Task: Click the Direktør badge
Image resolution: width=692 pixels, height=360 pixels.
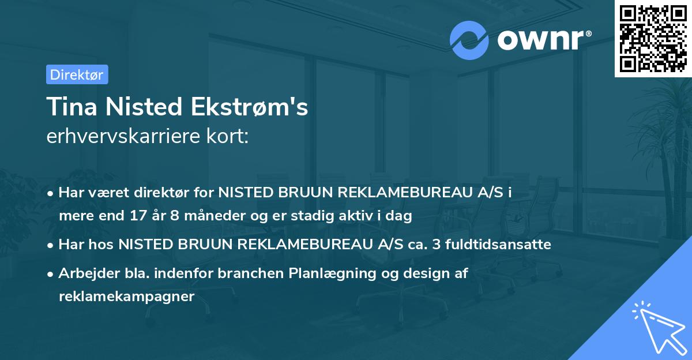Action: click(77, 74)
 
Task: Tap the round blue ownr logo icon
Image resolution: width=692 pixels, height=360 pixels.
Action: click(469, 40)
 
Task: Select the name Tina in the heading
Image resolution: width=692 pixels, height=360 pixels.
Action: click(69, 107)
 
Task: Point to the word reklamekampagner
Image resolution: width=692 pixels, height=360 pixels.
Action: click(127, 296)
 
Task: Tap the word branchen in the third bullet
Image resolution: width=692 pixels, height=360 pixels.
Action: click(255, 273)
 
